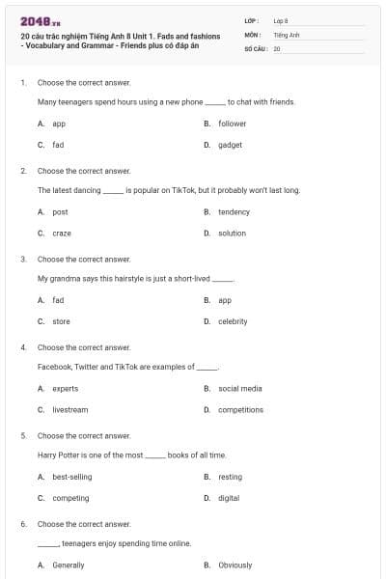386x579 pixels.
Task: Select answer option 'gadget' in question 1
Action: tap(230, 145)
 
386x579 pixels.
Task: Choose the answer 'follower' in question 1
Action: tap(232, 124)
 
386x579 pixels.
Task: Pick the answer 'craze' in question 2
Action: tap(62, 233)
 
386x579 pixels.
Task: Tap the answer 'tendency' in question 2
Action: tap(234, 211)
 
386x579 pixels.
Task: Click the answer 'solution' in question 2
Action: tap(232, 233)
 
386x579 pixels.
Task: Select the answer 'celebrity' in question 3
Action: tap(233, 321)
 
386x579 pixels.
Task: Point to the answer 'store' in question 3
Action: tap(61, 321)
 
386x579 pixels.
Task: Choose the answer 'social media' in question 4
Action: tap(239, 388)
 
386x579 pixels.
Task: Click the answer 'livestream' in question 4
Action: tap(69, 409)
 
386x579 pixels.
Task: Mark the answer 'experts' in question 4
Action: tap(65, 388)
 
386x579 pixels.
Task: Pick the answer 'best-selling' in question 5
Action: tap(71, 477)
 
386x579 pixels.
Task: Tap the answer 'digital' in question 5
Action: tap(229, 498)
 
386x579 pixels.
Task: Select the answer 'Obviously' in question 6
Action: tap(234, 565)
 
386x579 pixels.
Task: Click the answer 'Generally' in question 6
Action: tap(68, 565)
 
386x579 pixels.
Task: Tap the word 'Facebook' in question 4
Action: tap(53, 367)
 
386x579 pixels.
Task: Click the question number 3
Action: tap(23, 259)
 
